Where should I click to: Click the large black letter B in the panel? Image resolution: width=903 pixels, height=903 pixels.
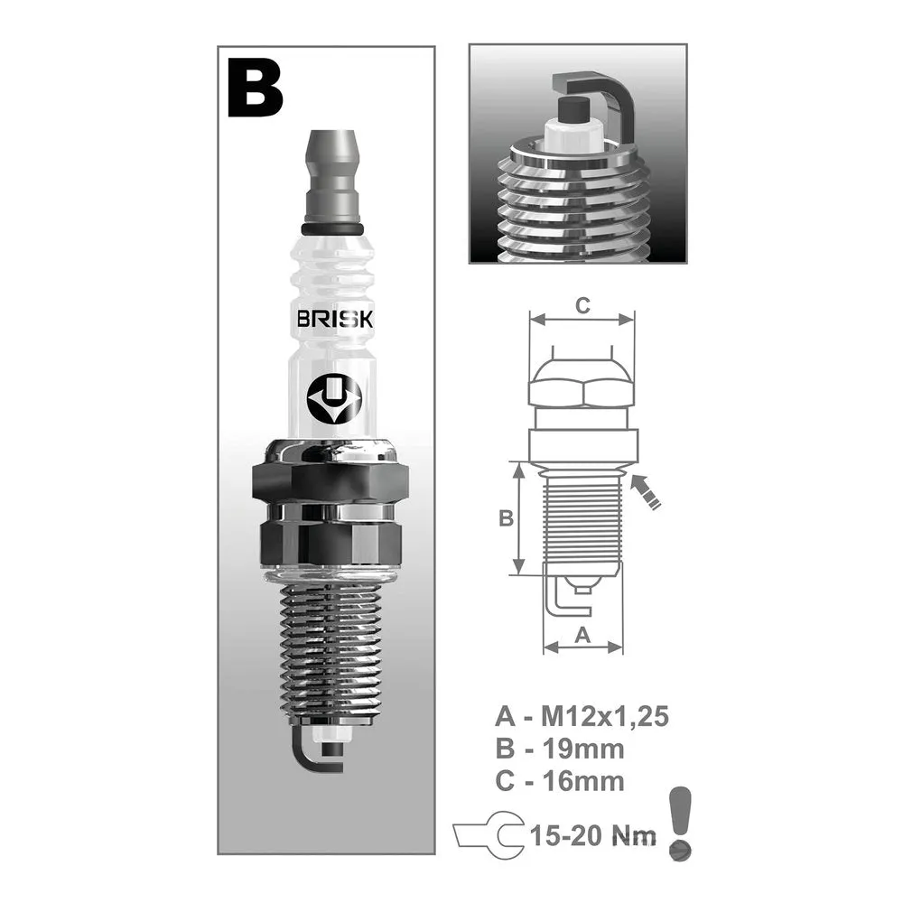(x=256, y=88)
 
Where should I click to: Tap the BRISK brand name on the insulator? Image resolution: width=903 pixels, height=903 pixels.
(x=335, y=319)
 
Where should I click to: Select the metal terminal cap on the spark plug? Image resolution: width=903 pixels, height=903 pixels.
(x=332, y=176)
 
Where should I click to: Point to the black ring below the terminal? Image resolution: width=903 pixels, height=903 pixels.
(x=332, y=229)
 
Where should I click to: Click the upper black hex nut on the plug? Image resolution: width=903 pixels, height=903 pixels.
(x=330, y=482)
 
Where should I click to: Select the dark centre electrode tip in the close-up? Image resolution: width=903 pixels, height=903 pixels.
(x=573, y=110)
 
